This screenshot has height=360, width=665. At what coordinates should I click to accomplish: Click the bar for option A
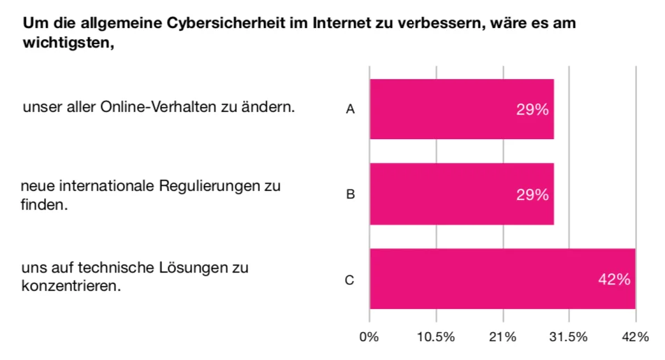pos(461,109)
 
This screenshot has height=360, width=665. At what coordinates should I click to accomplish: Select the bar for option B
pos(461,194)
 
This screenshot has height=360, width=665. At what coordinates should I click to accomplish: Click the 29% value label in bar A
pos(532,110)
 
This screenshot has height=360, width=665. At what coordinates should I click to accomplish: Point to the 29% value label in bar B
pos(532,195)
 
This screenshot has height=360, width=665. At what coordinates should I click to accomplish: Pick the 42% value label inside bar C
pos(614,280)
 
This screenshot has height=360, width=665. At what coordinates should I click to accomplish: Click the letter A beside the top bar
pos(351,110)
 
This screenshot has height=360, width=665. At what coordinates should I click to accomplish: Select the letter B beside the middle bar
pos(351,195)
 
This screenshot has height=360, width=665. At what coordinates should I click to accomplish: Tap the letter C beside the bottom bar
pos(351,280)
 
